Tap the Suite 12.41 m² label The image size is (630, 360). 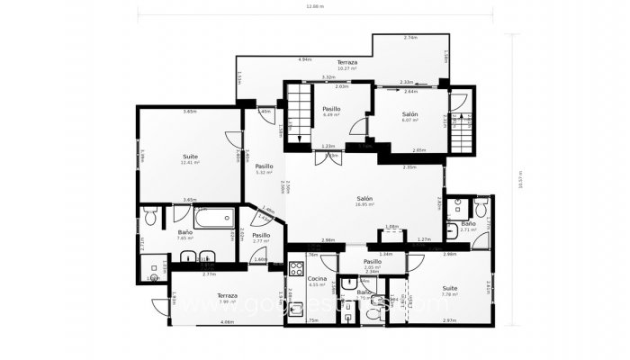[190, 159]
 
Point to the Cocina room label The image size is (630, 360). [316, 282]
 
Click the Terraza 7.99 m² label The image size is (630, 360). [227, 298]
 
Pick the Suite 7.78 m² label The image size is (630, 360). [449, 290]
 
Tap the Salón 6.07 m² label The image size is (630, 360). [409, 117]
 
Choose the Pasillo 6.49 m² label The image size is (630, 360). [331, 112]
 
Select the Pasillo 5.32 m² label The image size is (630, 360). [264, 168]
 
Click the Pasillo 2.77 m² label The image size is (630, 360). [261, 238]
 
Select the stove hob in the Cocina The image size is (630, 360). [297, 267]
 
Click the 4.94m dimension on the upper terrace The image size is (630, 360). [305, 58]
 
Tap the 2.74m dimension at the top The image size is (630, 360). [410, 38]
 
